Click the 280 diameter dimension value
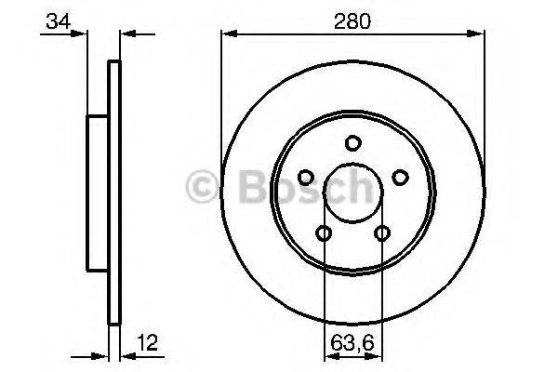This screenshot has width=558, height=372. tap(352, 20)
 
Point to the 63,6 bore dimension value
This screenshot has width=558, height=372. tap(352, 341)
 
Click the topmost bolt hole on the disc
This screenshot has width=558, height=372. tap(352, 142)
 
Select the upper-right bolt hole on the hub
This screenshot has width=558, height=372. tap(400, 177)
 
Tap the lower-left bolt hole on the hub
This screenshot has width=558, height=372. tap(323, 232)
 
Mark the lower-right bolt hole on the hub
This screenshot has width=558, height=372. tap(381, 232)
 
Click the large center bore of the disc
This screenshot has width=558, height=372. tap(352, 193)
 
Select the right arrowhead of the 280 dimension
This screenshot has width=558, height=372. tap(480, 35)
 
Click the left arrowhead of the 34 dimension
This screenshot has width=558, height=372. tap(83, 35)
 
